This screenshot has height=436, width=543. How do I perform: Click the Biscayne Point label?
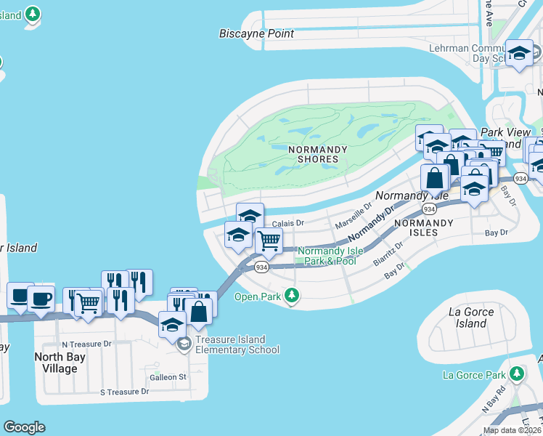257,33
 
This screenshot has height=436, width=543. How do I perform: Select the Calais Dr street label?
287,223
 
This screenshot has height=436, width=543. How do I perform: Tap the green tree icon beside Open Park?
292,295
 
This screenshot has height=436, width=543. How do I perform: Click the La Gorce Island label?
471,318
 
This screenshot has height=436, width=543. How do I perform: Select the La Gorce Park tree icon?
516,374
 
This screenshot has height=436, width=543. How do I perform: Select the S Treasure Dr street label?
124,392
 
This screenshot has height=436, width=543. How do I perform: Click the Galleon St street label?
168,376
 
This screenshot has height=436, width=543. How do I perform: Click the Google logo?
24,427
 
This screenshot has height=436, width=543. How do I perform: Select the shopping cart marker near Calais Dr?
269,241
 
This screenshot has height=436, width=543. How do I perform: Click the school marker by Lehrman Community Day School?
519,53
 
